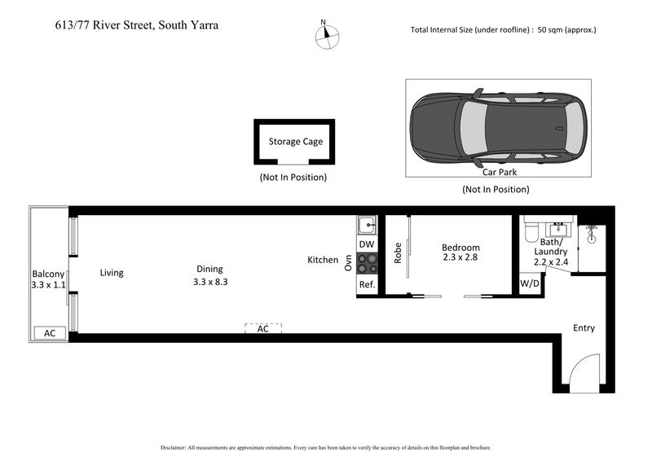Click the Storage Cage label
tap(296, 142)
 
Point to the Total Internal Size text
tap(504, 30)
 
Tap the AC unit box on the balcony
tap(49, 333)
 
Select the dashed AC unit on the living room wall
tap(263, 329)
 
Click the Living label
tap(112, 273)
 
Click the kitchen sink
tap(367, 224)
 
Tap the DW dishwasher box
tap(367, 244)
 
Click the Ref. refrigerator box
tap(367, 284)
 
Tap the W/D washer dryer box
tap(530, 284)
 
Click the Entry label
tap(584, 328)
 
